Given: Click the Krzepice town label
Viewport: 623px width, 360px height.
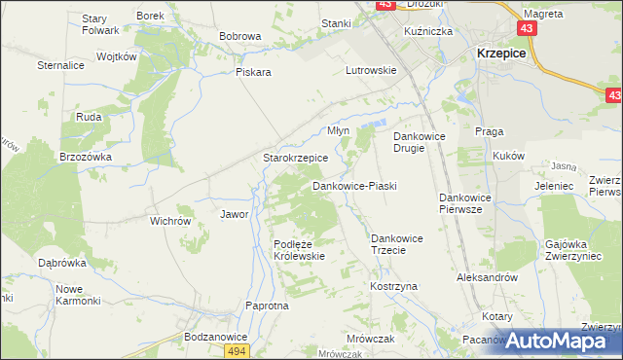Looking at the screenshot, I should point(500,54).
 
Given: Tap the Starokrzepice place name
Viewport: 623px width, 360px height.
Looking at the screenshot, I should point(295,157).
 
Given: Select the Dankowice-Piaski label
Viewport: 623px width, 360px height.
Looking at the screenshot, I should point(354,185).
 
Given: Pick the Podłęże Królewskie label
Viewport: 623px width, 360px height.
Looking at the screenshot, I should point(298,250).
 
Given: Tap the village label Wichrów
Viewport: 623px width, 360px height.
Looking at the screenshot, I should point(169,221).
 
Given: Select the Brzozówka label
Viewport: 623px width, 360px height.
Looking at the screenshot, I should point(86,156).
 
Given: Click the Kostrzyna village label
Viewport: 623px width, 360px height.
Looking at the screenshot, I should point(393,287).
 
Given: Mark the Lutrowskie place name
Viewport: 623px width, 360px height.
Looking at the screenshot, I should point(371,70).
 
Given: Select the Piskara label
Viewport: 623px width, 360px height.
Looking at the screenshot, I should point(252,84).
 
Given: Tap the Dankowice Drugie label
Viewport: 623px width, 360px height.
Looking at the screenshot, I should point(419,143).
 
